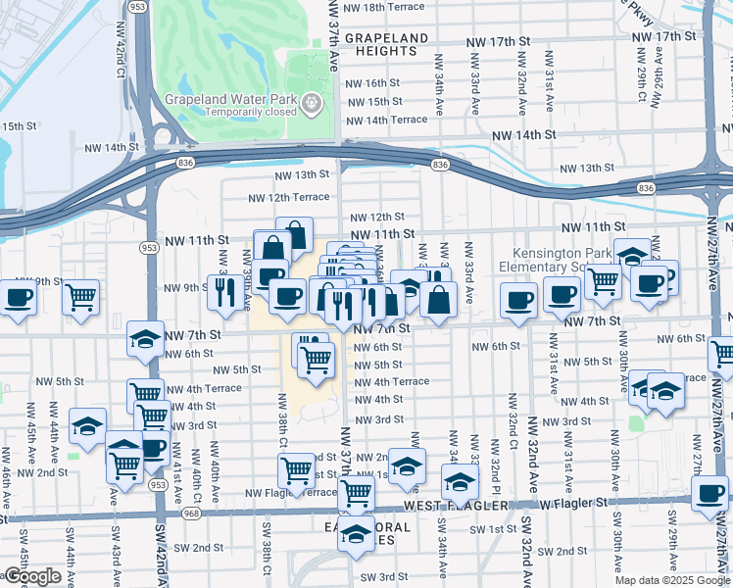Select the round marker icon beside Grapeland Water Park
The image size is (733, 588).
point(313,101)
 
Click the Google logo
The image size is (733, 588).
point(32,576)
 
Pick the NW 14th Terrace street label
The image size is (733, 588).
point(387,120)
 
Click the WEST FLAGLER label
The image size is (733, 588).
point(457,507)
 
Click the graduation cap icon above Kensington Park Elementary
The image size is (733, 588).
point(632,255)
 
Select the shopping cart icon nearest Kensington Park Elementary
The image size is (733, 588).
point(603,279)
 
